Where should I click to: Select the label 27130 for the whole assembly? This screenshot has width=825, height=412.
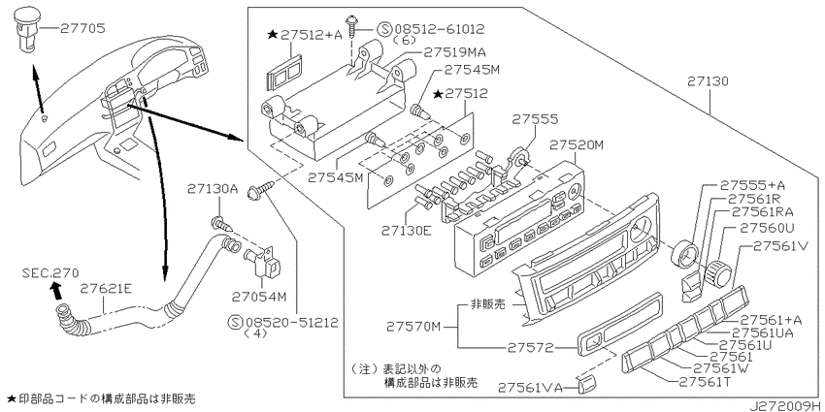pos(708,81)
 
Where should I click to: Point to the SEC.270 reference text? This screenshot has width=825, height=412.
pos(50,273)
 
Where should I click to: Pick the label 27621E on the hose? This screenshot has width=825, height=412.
pos(104,288)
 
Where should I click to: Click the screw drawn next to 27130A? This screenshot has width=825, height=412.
pos(222,225)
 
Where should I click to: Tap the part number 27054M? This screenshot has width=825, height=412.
pos(259,297)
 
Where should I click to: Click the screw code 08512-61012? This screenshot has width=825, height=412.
pos(438,29)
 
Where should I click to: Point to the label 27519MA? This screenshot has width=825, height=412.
pos(455,52)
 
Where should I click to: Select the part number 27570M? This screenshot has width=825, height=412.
pos(413,327)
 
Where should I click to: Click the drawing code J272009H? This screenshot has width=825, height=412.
pos(785,406)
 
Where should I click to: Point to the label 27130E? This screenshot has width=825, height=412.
pos(407,229)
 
